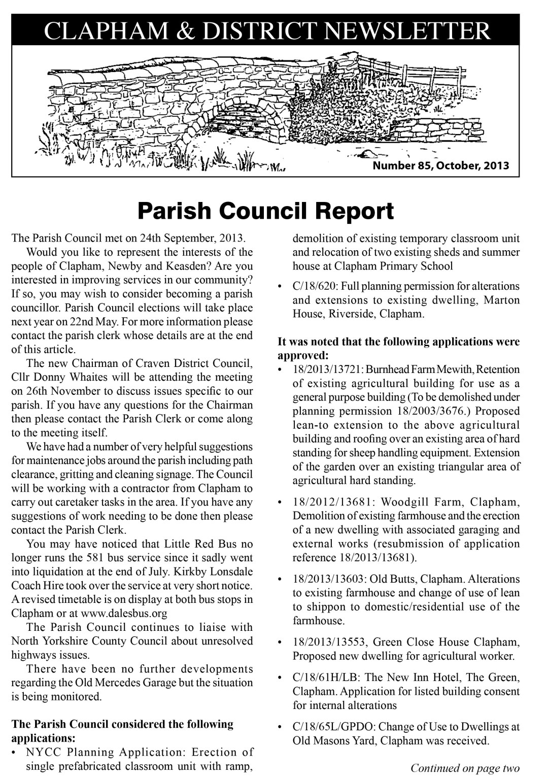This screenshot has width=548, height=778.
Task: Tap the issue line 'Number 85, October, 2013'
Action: point(440,165)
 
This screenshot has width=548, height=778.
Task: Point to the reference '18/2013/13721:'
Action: point(327,369)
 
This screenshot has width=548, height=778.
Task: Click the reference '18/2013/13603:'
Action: point(330,579)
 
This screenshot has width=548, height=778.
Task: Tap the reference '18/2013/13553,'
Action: point(330,642)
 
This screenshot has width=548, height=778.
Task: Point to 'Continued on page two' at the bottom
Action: point(465,768)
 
